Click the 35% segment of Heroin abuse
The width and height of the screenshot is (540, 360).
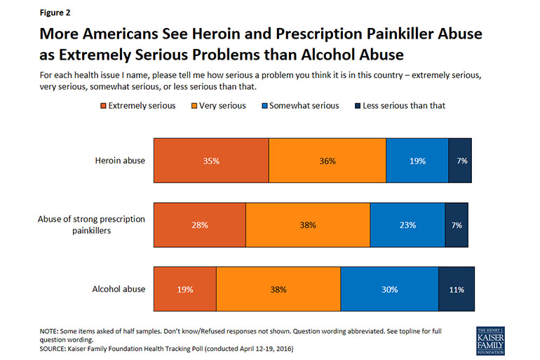211,161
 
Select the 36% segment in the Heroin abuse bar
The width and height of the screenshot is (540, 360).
327,161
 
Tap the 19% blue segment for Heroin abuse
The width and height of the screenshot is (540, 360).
417,161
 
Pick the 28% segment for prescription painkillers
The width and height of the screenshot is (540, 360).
200,225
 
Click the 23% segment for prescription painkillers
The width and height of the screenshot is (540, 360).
407,225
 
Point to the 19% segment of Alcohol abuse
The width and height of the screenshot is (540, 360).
185,289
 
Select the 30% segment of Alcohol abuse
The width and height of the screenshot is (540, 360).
389,289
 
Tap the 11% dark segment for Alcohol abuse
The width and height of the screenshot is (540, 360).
457,289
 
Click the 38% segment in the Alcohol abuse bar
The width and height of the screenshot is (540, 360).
278,289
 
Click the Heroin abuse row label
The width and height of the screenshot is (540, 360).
120,161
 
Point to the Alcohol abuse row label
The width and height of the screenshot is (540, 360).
119,289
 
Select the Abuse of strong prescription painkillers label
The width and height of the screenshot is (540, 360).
91,225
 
